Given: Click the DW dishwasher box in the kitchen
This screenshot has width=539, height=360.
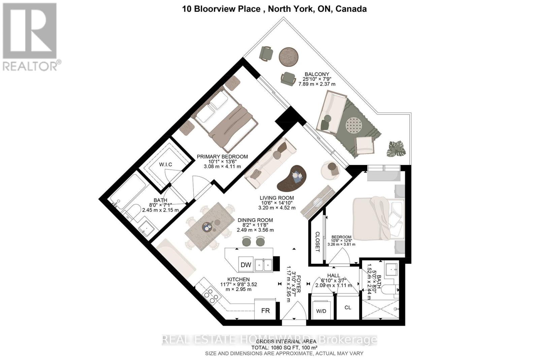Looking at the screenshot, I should tap(246, 265).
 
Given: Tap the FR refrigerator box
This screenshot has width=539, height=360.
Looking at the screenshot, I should tap(265, 310).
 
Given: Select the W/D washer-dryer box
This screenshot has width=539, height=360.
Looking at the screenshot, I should tap(321, 311).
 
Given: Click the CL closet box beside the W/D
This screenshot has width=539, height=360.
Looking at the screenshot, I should tap(348, 307).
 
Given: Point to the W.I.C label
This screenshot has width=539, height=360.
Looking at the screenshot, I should tap(165, 164).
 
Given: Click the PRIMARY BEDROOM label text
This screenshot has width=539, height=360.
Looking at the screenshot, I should tap(222, 157).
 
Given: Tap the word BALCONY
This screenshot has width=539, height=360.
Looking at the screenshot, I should tap(317, 74).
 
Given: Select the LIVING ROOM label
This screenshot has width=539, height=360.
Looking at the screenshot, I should tap(277, 198).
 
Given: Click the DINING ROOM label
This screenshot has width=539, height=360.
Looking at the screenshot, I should tap(255, 220).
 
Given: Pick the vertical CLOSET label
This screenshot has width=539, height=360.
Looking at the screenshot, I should tap(317, 241).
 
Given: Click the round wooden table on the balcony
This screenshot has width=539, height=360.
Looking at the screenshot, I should tap(289, 56).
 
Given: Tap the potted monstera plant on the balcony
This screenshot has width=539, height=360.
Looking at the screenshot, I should tap(395, 149).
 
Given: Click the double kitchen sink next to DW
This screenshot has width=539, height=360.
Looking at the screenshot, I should tap(263, 265).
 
